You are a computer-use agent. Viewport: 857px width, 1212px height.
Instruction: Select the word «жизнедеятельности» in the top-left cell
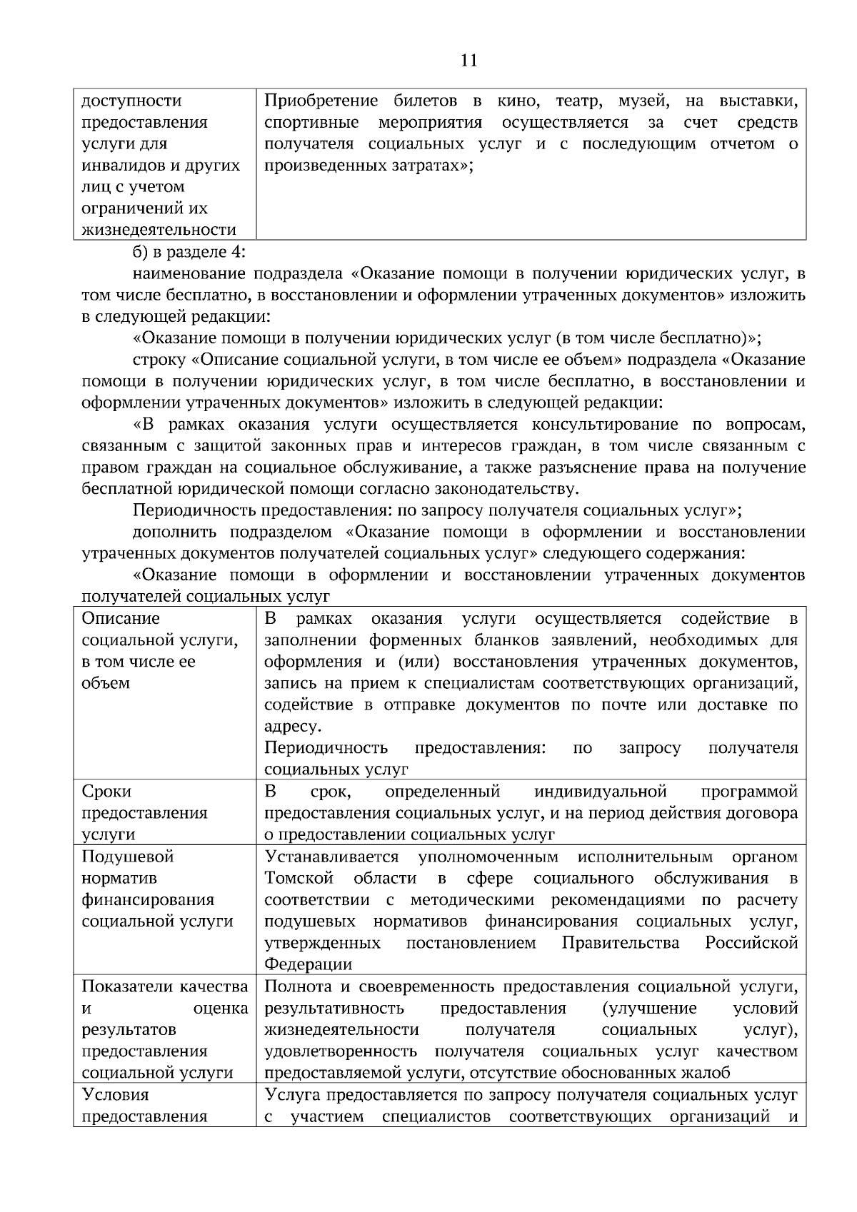point(159,230)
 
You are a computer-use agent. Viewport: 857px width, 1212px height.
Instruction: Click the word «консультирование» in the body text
point(605,425)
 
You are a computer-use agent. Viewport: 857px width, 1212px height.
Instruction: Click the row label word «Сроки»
point(106,792)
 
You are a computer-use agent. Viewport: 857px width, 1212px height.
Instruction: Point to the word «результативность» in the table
point(334,1009)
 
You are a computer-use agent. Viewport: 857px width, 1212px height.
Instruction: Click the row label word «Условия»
point(115,1095)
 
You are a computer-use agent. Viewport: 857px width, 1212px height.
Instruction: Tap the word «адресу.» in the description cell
point(293,727)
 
